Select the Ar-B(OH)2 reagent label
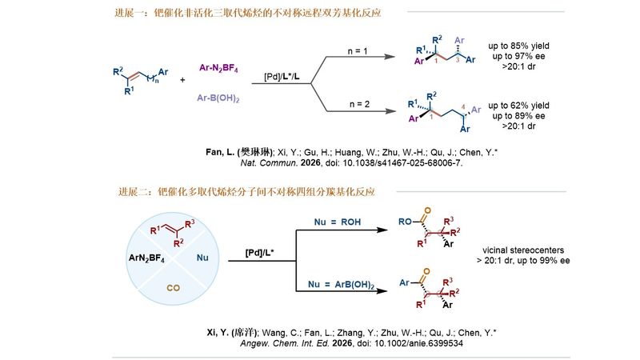tap(218, 98)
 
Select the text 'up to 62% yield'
tap(521, 106)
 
